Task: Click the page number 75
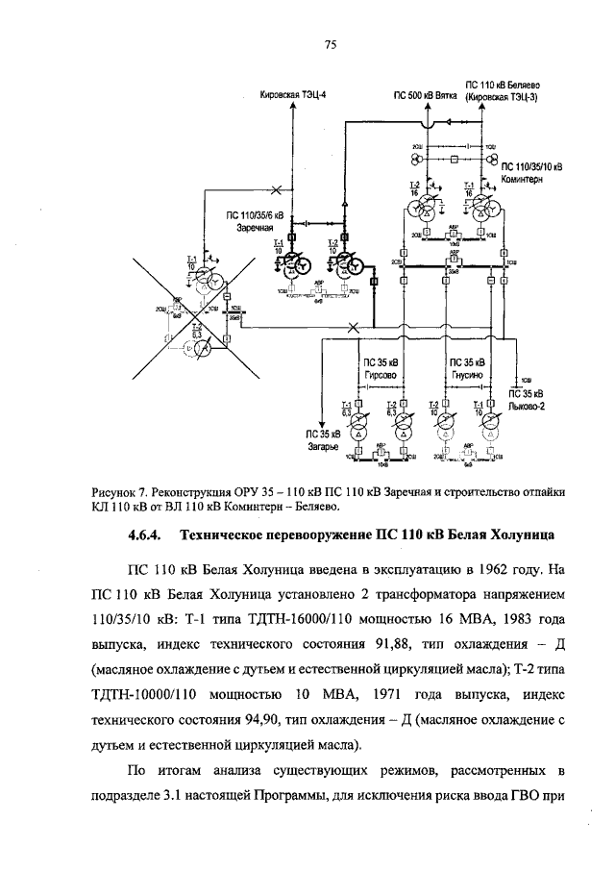point(329,45)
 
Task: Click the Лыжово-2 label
point(527,405)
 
